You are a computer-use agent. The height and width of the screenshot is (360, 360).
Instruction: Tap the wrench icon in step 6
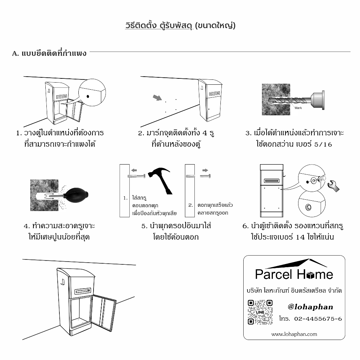(334, 186)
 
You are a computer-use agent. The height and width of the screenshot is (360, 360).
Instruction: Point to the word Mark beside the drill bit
(298, 108)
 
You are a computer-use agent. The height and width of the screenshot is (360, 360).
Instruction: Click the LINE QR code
(260, 312)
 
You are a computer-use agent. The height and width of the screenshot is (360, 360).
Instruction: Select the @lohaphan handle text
(310, 307)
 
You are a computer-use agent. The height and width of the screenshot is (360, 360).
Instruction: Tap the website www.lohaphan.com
(294, 334)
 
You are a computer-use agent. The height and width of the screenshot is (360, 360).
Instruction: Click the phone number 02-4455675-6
(318, 319)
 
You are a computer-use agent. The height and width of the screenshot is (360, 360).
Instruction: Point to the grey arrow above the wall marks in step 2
(157, 98)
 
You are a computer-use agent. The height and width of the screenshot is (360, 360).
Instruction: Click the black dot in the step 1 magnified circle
(88, 96)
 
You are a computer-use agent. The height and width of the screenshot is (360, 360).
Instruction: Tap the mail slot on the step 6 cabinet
(272, 181)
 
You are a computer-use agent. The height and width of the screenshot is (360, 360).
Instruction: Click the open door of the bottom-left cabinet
(104, 313)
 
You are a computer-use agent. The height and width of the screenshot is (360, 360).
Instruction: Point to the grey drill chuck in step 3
(317, 100)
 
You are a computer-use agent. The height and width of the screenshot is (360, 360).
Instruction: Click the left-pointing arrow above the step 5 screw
(134, 170)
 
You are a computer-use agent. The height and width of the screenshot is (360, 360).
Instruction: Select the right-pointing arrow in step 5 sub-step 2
(205, 170)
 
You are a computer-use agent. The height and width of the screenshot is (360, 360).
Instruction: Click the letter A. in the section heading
(15, 54)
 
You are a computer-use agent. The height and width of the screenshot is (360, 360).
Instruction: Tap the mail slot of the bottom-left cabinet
(83, 291)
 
